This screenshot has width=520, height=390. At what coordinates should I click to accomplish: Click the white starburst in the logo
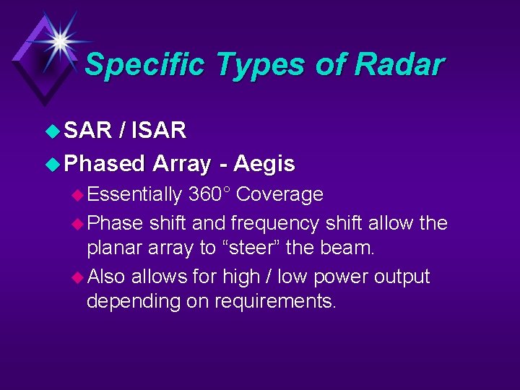coord(58,40)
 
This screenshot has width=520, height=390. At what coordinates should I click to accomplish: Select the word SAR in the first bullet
coord(87,130)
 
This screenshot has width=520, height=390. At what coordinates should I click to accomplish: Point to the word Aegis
coord(265,164)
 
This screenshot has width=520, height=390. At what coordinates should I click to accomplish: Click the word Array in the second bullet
coord(181,164)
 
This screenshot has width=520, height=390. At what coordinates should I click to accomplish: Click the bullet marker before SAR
coord(53,131)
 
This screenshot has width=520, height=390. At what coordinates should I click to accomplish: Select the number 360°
coord(209,194)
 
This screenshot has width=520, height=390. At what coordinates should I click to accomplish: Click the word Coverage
coord(280,194)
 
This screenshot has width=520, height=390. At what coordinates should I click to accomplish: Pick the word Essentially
coord(135,194)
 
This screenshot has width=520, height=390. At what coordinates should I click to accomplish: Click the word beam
coord(350,248)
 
